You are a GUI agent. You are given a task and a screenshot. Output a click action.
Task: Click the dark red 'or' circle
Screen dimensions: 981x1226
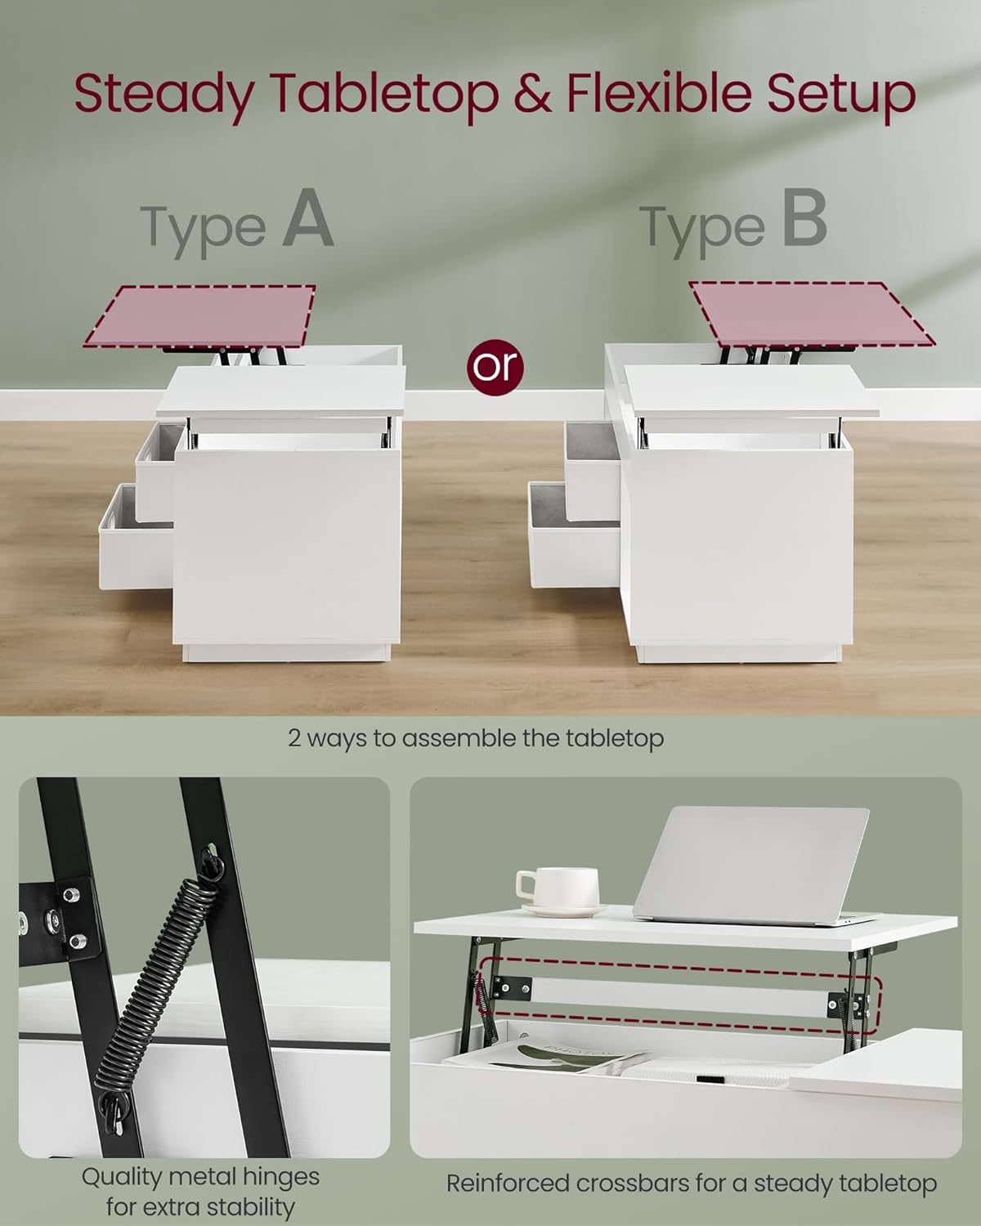coord(495,368)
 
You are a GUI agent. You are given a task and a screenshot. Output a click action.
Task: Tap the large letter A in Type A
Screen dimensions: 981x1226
coord(308,218)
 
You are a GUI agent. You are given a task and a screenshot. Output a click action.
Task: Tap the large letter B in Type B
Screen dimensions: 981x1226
coord(804,218)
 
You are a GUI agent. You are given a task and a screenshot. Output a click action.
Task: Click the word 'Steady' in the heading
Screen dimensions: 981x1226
coord(164,95)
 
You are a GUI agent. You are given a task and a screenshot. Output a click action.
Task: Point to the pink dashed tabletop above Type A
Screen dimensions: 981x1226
coord(200,316)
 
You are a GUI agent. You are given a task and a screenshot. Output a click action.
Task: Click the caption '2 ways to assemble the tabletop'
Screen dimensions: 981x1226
coord(476,738)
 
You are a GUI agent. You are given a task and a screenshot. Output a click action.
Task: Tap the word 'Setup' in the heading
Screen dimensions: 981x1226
coord(840,95)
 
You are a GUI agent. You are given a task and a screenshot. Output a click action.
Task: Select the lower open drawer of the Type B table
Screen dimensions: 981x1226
coord(575,535)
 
